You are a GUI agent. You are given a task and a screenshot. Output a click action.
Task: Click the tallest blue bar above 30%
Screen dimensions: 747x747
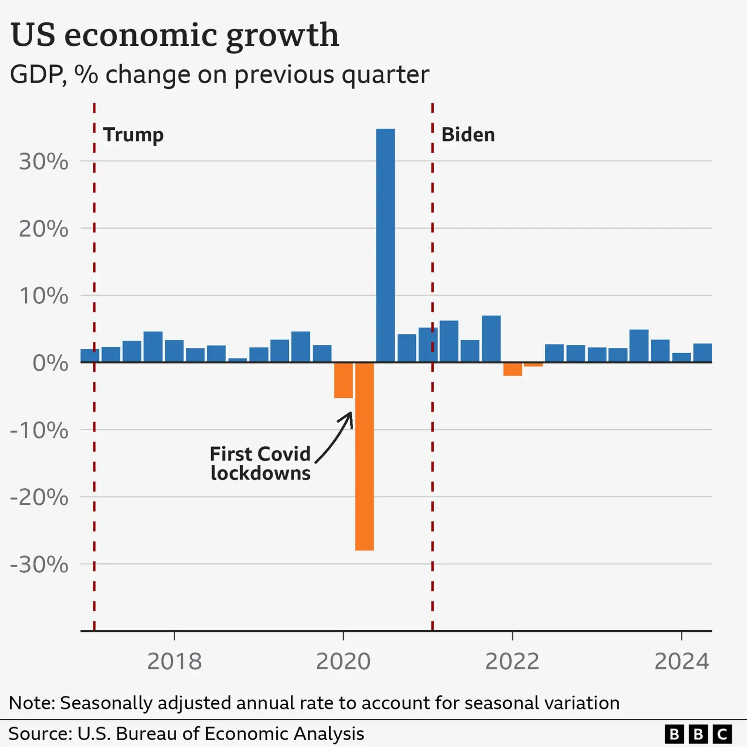coord(385,245)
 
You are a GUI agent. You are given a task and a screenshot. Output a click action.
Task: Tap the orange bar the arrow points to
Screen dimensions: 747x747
coord(343,380)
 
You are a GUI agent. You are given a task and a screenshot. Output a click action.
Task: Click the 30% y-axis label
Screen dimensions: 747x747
coord(43,161)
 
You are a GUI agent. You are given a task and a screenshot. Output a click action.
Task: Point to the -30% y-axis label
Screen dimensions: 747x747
coord(39,565)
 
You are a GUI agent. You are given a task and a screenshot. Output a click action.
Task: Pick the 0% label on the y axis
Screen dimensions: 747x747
coord(50,363)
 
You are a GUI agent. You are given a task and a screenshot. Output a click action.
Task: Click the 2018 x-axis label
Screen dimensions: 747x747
coord(174,661)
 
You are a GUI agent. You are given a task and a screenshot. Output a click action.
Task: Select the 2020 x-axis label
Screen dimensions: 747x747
coord(343,661)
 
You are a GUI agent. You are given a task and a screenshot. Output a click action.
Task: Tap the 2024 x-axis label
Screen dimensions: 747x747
coord(681,661)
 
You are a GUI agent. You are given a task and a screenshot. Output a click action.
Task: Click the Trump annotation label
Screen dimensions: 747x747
coord(133,135)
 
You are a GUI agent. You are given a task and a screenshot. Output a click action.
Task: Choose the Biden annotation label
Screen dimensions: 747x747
coord(468,135)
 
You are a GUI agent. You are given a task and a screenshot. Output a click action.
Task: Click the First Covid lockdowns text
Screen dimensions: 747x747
coord(260,463)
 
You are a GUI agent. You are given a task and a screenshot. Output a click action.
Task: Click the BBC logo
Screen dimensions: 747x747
coord(698,733)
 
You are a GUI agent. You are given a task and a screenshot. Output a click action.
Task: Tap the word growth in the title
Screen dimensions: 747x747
coord(282,35)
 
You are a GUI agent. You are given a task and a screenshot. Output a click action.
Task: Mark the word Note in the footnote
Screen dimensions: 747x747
coord(32,703)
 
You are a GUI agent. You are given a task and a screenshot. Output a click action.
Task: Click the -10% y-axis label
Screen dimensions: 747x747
coord(39,430)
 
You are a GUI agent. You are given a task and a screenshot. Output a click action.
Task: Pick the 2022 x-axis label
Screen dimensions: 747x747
coord(512,661)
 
